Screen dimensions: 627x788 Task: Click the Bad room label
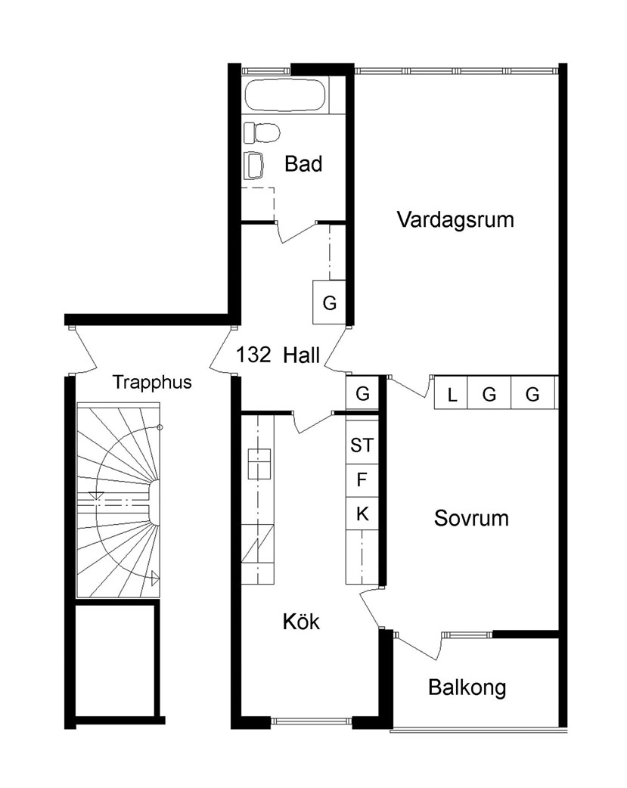point(303,164)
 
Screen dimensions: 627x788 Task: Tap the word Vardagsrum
point(455,219)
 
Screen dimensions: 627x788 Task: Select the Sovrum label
point(471,518)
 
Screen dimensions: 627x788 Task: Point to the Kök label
point(301,622)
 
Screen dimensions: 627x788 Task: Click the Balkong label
point(467,687)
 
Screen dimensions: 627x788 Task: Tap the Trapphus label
point(152,382)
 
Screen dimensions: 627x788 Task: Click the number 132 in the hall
point(253,355)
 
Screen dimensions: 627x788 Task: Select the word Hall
point(301,355)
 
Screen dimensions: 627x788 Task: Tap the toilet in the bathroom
point(262,132)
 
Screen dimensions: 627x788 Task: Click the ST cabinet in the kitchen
point(362,445)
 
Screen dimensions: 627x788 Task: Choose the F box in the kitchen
point(362,480)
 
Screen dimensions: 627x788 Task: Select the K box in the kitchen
point(362,514)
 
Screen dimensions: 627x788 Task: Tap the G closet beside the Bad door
point(329,302)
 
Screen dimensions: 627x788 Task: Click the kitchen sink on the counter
point(259,464)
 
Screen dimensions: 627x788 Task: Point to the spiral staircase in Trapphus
point(118,500)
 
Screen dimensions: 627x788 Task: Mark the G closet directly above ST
point(362,392)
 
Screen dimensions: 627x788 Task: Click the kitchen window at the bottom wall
point(312,721)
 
